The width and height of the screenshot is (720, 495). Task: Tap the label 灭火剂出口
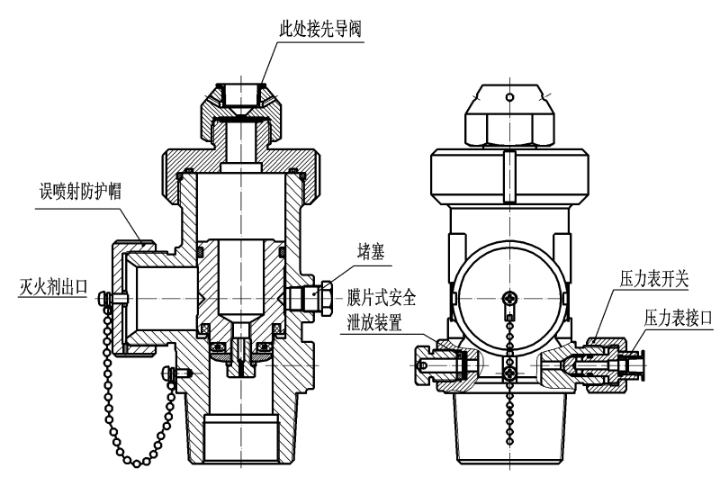click(53, 289)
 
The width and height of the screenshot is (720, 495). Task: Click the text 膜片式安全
click(382, 297)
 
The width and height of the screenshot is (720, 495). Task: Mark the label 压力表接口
click(678, 317)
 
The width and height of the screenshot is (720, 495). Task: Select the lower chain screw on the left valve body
click(167, 372)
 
